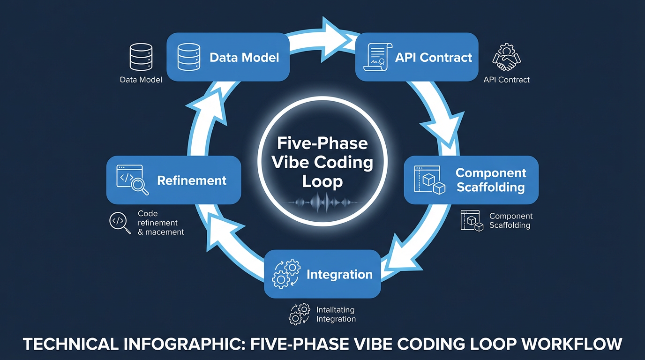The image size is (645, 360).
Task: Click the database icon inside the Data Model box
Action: click(189, 57)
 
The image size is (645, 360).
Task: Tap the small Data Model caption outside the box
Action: click(141, 80)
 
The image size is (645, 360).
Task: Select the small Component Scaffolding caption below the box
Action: click(510, 221)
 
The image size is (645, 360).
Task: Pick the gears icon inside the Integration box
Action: click(286, 274)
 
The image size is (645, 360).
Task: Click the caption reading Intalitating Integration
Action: click(336, 315)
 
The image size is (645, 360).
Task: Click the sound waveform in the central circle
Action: click(322, 202)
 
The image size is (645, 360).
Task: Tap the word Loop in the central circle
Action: click(322, 181)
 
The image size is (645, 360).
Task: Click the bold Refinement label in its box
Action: click(192, 180)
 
